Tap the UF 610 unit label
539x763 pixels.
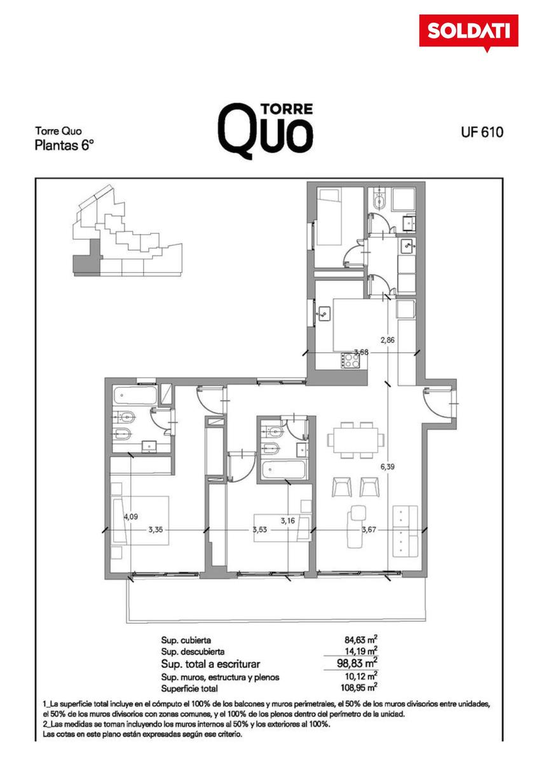(x=482, y=132)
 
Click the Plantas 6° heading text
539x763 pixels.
(x=64, y=146)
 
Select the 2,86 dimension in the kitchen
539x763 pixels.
(x=388, y=340)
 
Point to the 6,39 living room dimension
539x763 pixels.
(x=388, y=467)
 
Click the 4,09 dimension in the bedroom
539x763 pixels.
(x=131, y=517)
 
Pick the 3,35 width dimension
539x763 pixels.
(x=155, y=530)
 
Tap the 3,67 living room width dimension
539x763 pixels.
(x=369, y=530)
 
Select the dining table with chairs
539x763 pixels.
(x=355, y=440)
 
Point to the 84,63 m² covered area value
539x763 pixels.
(x=360, y=640)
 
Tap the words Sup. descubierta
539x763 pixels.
(x=193, y=652)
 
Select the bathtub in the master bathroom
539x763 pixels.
(x=135, y=395)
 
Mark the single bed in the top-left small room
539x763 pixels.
(x=329, y=217)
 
